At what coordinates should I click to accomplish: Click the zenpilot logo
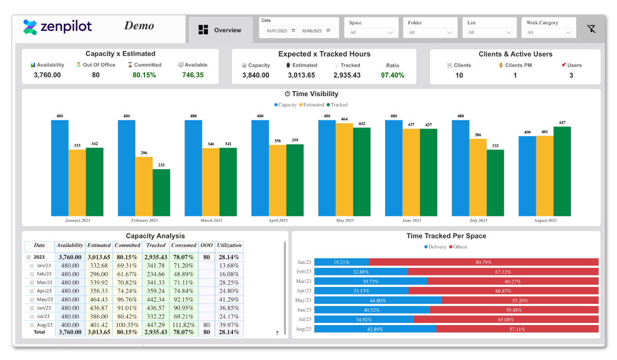58,27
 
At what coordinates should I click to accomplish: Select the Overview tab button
221,30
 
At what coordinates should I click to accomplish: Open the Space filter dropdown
371,32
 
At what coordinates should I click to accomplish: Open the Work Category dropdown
549,32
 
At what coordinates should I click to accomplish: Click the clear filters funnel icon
591,29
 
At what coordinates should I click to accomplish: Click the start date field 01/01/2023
278,31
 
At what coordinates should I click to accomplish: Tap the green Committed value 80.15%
144,75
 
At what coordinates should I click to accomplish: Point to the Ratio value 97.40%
392,75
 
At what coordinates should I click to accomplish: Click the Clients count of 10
459,76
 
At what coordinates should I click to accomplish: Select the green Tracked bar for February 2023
161,192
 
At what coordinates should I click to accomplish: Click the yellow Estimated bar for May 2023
344,170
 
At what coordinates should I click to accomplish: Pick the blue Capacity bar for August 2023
527,176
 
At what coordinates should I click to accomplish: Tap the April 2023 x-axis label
278,221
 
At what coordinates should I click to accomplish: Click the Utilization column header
229,246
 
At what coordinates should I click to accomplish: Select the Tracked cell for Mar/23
156,282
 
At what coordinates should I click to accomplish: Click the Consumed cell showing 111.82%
184,325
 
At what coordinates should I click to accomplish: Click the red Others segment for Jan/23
483,262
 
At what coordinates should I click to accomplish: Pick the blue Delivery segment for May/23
378,300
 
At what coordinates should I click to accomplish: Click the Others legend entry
458,247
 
